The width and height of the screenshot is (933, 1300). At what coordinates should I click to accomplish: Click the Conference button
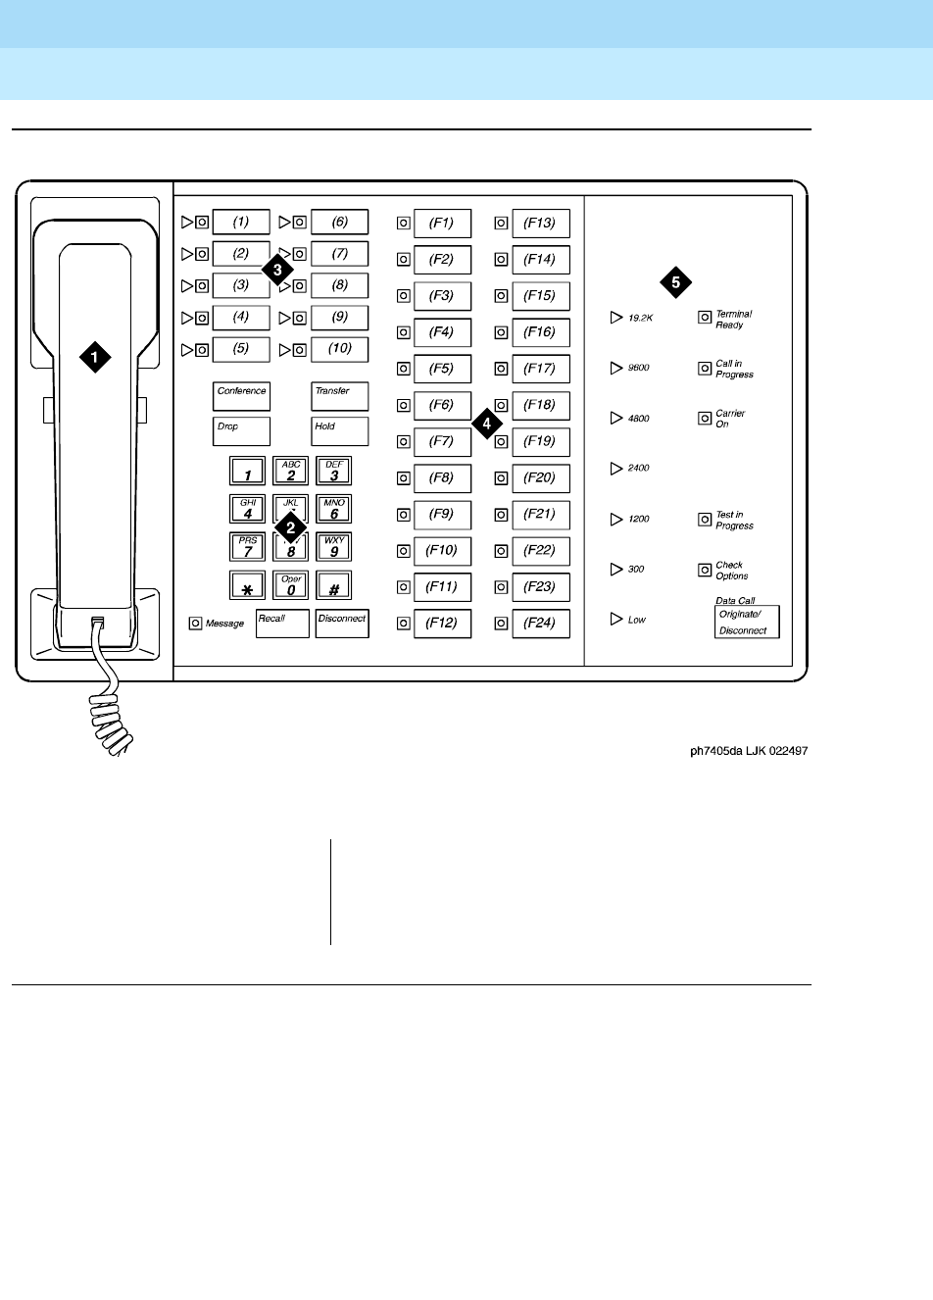(x=241, y=396)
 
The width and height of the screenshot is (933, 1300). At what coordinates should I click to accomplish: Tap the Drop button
(x=241, y=431)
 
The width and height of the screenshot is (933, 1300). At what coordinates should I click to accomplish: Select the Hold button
(x=340, y=431)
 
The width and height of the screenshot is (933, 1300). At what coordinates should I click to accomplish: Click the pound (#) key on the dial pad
(x=334, y=586)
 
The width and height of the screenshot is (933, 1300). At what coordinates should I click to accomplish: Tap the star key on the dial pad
(x=248, y=586)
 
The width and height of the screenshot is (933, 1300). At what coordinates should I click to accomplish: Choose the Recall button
(x=282, y=624)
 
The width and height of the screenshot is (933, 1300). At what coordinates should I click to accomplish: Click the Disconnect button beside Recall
(x=342, y=624)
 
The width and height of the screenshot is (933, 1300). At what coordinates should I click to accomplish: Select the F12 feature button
(x=442, y=624)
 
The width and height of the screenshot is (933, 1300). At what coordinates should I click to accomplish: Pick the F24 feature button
(x=540, y=624)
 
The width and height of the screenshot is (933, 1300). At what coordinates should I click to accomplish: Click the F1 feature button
(x=442, y=224)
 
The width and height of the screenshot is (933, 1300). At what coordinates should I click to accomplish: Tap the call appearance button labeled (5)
(x=241, y=349)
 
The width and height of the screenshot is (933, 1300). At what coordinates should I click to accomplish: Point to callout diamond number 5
(x=675, y=282)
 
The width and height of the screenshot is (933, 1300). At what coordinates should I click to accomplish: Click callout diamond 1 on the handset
(x=94, y=358)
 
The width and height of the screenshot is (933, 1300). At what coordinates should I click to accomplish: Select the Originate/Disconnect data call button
(x=747, y=622)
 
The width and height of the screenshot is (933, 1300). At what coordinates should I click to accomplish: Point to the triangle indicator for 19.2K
(x=616, y=318)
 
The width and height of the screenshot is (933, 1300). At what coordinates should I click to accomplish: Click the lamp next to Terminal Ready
(x=705, y=318)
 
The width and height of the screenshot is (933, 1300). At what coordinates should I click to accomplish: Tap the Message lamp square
(x=196, y=623)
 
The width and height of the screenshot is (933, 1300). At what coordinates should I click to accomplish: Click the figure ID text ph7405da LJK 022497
(x=748, y=752)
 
